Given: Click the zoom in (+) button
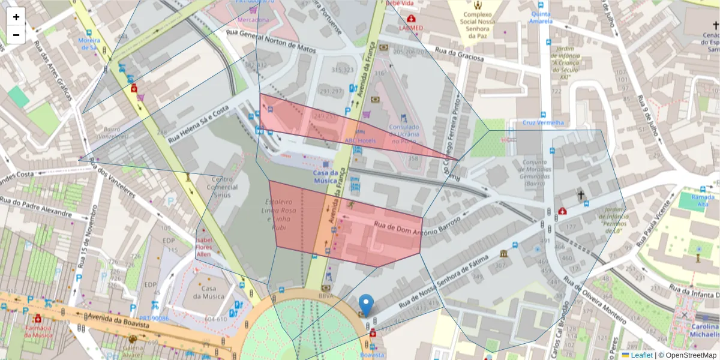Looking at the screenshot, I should (16, 17).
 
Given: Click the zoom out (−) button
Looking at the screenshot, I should (16, 35).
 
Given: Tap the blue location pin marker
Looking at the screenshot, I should (365, 305).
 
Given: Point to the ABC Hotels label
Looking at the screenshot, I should (360, 140).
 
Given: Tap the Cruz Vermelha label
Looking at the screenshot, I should (543, 123).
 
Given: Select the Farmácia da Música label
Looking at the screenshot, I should (38, 331).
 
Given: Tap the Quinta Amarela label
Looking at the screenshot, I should (541, 17).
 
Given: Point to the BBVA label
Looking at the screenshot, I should (326, 296).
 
